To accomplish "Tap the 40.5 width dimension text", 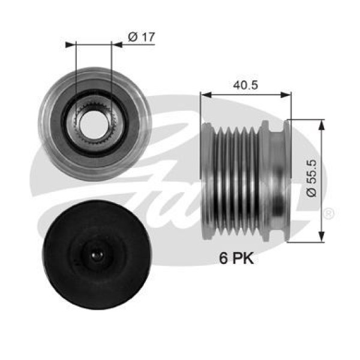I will pyautogui.click(x=246, y=85).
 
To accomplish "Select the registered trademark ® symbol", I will pyautogui.click(x=329, y=213).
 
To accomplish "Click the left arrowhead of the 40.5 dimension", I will pyautogui.click(x=205, y=95).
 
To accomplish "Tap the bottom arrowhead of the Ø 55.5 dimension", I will pyautogui.click(x=322, y=238).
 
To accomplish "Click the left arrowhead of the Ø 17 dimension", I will pyautogui.click(x=69, y=44).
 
